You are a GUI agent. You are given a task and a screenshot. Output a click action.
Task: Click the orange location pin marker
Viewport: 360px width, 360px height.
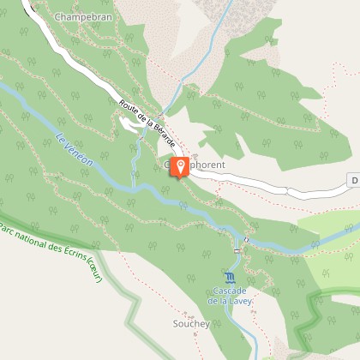point(180,166)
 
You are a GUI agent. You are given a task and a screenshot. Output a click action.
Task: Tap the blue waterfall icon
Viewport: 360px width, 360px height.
point(229,278)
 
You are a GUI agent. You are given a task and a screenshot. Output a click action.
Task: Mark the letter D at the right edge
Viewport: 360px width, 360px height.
point(354,180)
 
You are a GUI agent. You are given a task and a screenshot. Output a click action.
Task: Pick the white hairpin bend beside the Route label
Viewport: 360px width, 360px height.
point(129,125)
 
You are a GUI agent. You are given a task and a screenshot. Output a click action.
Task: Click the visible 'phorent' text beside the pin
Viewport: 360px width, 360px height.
point(206,164)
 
